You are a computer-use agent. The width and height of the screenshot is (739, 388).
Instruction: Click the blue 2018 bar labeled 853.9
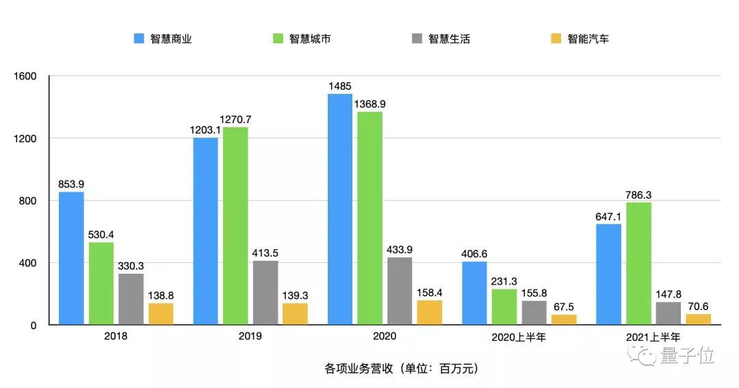click(x=71, y=258)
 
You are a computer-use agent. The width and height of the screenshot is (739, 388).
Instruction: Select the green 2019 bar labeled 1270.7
click(x=235, y=226)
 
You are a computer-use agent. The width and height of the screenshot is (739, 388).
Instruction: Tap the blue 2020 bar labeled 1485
click(x=340, y=209)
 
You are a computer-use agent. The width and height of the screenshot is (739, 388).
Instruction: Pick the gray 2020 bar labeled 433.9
click(x=400, y=291)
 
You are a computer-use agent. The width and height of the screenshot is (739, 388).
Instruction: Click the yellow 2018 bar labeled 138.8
click(x=161, y=314)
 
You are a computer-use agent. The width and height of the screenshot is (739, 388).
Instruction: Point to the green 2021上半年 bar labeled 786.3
click(x=638, y=263)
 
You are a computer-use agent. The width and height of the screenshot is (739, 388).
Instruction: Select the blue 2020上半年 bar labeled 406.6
click(x=474, y=293)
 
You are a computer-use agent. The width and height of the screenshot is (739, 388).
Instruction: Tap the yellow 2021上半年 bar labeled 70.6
click(x=699, y=320)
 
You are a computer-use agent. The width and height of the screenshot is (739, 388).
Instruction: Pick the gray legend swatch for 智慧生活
click(x=417, y=39)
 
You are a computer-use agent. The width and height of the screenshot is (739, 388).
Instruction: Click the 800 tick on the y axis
click(x=28, y=201)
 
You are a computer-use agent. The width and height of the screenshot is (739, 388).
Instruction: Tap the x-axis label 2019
click(x=250, y=337)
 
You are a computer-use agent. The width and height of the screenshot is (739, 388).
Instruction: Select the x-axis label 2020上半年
click(x=519, y=337)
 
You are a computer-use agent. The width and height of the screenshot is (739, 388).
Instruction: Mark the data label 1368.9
click(x=369, y=104)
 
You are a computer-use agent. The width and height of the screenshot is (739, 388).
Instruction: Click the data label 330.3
click(x=131, y=266)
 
